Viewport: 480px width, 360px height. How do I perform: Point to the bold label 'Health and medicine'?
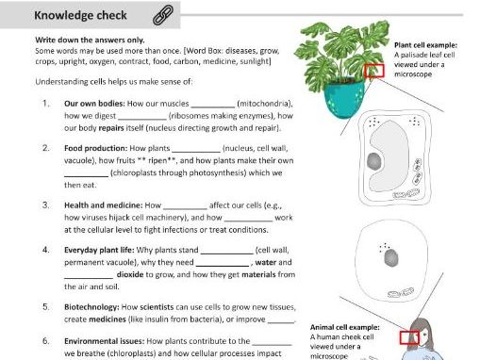point(98,204)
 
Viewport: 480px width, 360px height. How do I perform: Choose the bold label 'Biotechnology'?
point(91,306)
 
